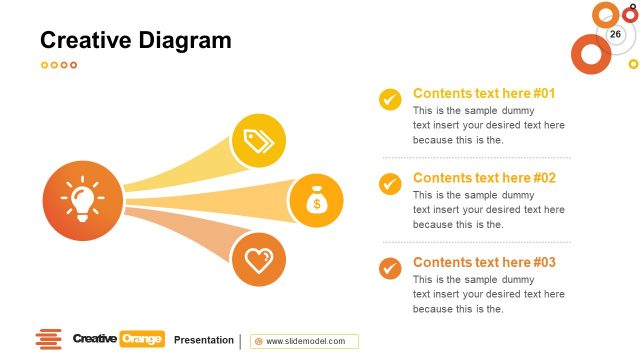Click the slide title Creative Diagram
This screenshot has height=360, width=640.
tap(135, 40)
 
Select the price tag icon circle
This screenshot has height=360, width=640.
tap(260, 141)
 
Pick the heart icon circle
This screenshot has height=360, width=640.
tap(260, 261)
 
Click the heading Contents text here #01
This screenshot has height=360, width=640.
tap(483, 93)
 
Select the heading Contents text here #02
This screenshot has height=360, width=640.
tap(483, 178)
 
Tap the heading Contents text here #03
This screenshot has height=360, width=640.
tap(483, 262)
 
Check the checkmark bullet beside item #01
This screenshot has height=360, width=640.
tap(390, 99)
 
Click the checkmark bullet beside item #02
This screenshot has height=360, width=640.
tap(390, 184)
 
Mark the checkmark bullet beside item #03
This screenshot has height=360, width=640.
tap(390, 268)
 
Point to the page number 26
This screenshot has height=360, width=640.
tap(615, 35)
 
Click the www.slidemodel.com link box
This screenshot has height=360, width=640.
tap(304, 341)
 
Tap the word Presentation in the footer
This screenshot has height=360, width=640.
tap(203, 340)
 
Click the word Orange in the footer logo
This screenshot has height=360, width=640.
tap(141, 340)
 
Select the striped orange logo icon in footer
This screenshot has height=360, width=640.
tap(48, 340)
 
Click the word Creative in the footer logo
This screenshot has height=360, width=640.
tap(95, 340)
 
